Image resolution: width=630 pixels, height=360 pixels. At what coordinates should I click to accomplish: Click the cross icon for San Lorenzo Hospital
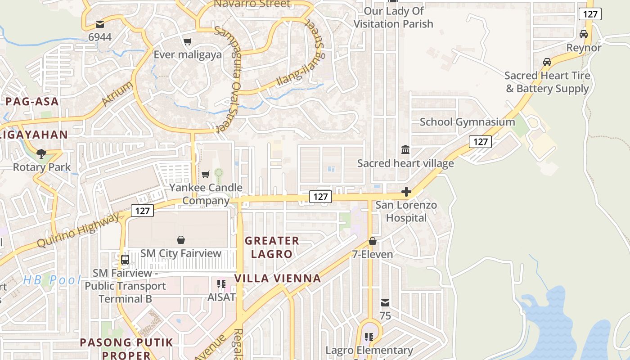406,192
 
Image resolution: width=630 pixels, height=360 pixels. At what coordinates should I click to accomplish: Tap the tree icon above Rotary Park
41,154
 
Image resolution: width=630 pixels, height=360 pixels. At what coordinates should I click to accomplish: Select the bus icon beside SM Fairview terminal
125,260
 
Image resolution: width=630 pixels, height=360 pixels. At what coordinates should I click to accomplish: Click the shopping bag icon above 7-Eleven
372,241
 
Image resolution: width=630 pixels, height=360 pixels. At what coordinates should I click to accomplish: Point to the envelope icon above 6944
99,24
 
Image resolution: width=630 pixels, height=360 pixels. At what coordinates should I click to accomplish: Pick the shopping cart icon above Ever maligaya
187,41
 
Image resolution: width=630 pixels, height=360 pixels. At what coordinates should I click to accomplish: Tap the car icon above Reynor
584,34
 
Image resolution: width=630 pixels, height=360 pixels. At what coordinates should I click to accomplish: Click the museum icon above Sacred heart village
405,149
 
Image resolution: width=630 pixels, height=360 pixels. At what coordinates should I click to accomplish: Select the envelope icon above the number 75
385,303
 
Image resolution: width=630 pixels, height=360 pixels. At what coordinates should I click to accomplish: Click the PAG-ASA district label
32,101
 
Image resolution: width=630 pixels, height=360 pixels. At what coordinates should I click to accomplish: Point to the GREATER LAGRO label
272,247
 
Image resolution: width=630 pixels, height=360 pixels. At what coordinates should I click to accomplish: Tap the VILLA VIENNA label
278,278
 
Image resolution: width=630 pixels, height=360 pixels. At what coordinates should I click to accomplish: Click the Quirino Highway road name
78,230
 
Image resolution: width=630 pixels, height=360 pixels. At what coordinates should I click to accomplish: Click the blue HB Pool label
52,280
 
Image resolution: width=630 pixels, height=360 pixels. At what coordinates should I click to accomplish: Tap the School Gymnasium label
467,122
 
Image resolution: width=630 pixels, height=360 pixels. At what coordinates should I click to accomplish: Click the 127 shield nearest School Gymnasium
480,142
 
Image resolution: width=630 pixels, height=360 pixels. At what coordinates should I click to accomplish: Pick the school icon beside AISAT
221,284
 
